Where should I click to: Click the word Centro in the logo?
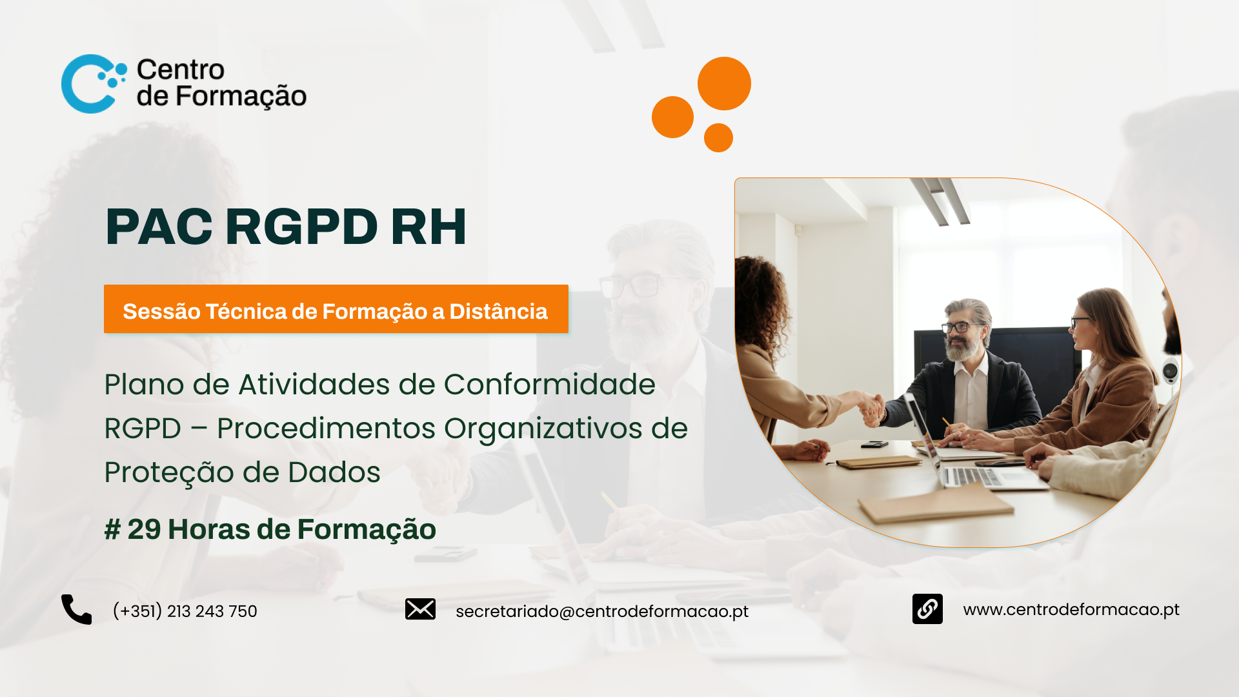181,70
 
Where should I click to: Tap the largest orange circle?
724,83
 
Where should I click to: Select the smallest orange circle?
718,137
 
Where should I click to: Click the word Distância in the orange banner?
498,310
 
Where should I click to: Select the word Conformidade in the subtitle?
549,385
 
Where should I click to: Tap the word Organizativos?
543,429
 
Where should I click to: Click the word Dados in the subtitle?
334,472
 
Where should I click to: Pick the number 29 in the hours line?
144,529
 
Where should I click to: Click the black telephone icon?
76,609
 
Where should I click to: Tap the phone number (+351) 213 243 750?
185,611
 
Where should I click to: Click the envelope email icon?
420,609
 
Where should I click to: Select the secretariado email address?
602,611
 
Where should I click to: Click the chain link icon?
927,609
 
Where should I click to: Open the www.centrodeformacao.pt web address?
1071,609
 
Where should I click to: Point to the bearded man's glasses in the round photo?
963,327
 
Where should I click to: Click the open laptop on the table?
968,452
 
